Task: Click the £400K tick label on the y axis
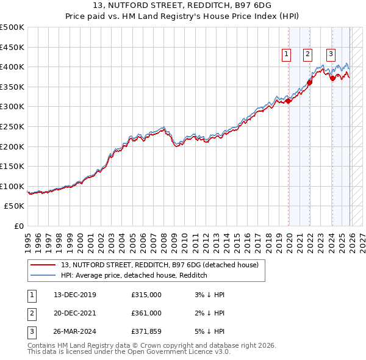[x=12, y=67]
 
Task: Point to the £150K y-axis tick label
[x=12, y=166]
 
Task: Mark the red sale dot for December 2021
[x=310, y=82]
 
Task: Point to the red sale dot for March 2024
[x=332, y=78]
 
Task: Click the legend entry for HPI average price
[x=134, y=276]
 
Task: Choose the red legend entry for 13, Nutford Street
[x=160, y=265]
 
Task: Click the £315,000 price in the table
[x=146, y=295]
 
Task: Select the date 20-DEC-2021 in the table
[x=75, y=313]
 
